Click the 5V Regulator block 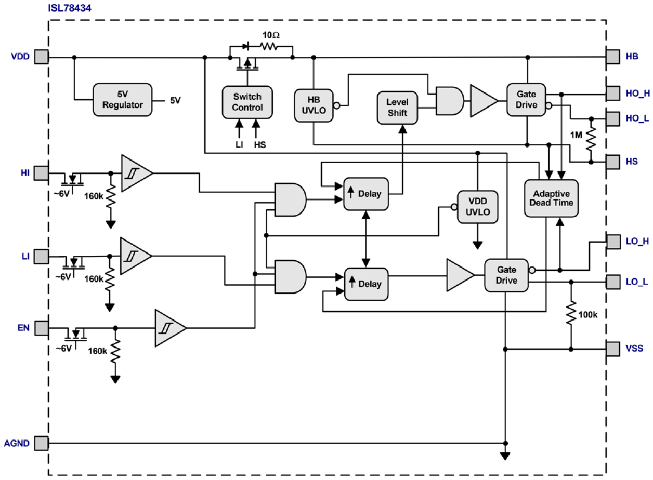(123, 100)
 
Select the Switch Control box (247, 102)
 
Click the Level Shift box (397, 108)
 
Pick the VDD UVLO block (477, 207)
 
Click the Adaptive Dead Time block (551, 197)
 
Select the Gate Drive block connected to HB (526, 100)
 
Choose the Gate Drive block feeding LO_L (506, 275)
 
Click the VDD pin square (41, 57)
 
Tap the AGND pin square (41, 443)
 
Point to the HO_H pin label (637, 94)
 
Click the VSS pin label (634, 348)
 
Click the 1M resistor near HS (591, 140)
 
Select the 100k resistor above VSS (571, 315)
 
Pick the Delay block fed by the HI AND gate (366, 194)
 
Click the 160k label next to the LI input (94, 279)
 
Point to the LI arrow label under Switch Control (239, 144)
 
